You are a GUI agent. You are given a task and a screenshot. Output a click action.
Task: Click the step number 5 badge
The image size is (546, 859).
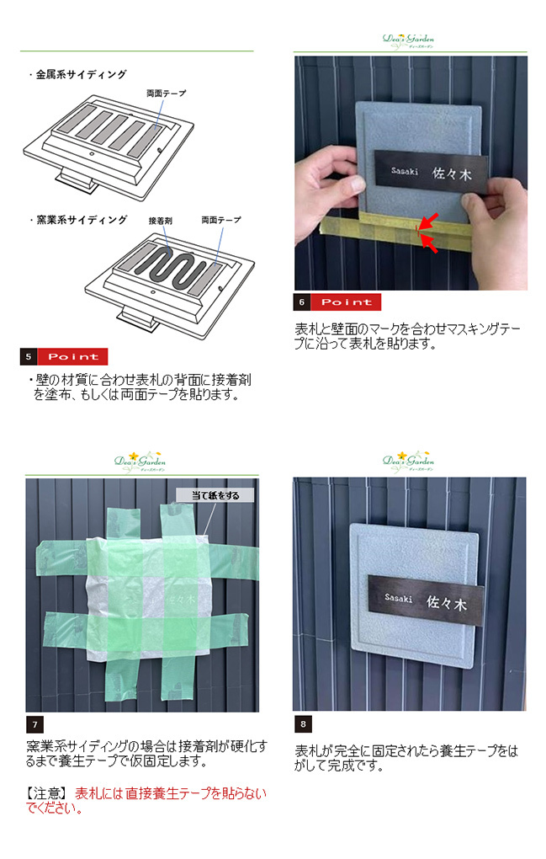pos(29,356)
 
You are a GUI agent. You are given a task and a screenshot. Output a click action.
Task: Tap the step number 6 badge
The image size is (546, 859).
pos(302,301)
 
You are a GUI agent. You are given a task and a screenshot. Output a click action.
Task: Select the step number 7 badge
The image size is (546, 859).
pos(34,724)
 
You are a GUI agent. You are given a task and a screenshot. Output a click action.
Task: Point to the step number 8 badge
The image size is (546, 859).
pos(303,723)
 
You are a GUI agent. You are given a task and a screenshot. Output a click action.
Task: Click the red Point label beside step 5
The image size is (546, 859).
pos(72,356)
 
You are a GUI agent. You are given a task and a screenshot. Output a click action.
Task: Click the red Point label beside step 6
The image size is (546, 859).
pos(346,301)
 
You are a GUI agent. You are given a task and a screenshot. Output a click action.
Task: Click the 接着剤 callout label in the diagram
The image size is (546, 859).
pos(161,221)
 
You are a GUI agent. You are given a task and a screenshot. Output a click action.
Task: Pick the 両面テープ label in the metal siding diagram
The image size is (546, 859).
pos(167,93)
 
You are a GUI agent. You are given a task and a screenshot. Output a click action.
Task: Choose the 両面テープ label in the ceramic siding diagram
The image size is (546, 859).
pos(221,220)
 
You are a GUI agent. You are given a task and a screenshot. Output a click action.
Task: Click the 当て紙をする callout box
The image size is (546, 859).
pos(215,495)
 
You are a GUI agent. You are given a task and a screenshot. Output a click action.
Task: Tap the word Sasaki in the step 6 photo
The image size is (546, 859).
pos(405,171)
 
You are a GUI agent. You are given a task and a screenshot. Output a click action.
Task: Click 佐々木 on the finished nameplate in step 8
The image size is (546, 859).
pos(447,603)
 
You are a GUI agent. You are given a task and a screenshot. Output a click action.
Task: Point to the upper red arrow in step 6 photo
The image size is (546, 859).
pos(430,221)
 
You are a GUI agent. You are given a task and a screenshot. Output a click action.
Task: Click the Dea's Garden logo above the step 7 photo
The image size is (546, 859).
pos(140,462)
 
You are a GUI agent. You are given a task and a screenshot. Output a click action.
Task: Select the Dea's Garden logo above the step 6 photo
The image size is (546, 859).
pos(408,40)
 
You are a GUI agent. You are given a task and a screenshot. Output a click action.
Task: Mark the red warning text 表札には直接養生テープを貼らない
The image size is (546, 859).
pos(170,793)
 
